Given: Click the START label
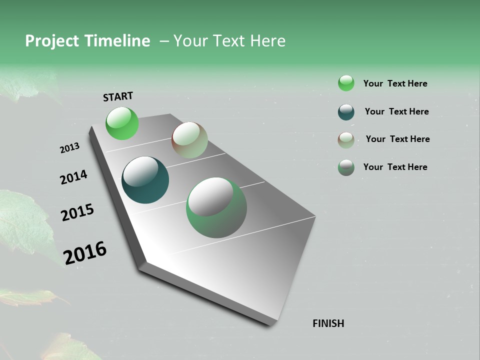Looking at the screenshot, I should pyautogui.click(x=118, y=96).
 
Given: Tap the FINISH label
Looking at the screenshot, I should pyautogui.click(x=328, y=323).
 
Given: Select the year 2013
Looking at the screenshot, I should pyautogui.click(x=70, y=147).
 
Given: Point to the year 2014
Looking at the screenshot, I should pyautogui.click(x=73, y=177).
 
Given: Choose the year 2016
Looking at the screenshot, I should pyautogui.click(x=85, y=252).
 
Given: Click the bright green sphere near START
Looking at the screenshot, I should pyautogui.click(x=122, y=123).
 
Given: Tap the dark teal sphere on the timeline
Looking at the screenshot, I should pyautogui.click(x=145, y=180).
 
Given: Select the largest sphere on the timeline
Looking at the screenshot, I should pyautogui.click(x=216, y=207).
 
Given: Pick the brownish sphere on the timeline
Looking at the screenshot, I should pyautogui.click(x=189, y=140).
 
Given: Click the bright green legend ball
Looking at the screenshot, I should pyautogui.click(x=346, y=83).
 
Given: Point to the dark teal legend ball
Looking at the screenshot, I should pyautogui.click(x=346, y=112).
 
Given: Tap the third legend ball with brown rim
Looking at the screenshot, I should pyautogui.click(x=346, y=140).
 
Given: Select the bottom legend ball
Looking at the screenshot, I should pyautogui.click(x=346, y=167).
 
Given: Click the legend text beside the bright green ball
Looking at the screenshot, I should pyautogui.click(x=395, y=83).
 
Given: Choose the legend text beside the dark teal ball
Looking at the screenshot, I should pyautogui.click(x=396, y=111).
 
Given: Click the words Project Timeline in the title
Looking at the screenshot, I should pyautogui.click(x=87, y=41).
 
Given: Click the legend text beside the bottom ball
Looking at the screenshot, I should pyautogui.click(x=395, y=167).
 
